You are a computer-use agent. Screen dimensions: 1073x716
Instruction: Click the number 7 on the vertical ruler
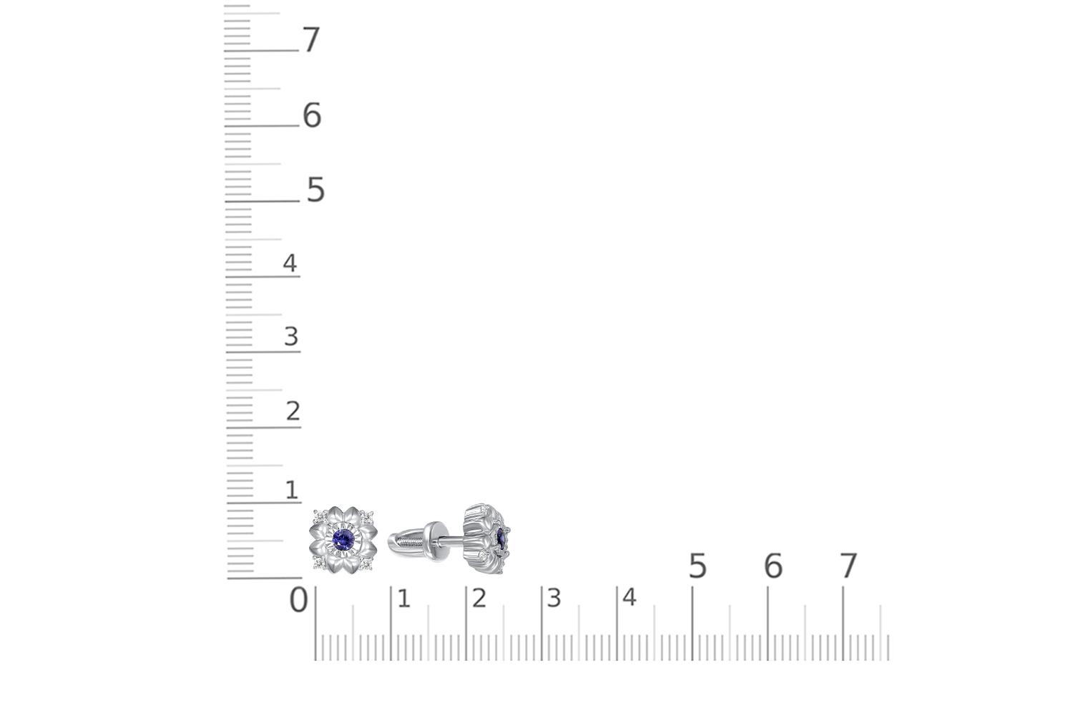point(311,39)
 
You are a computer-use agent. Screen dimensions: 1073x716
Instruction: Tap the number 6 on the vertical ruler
point(312,115)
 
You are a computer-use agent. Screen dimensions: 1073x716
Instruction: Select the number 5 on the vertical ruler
point(315,190)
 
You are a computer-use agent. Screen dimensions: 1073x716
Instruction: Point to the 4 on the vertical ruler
point(290,263)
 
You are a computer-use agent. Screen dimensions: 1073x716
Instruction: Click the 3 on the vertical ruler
point(291,337)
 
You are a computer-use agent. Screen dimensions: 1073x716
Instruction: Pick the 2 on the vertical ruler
point(293,411)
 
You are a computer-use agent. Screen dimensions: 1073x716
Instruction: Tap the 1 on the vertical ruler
point(292,490)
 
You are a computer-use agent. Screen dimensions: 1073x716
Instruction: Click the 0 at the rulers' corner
point(298,600)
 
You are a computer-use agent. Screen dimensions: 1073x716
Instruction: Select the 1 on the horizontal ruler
point(404,599)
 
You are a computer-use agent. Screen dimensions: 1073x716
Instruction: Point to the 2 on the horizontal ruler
point(479,599)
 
